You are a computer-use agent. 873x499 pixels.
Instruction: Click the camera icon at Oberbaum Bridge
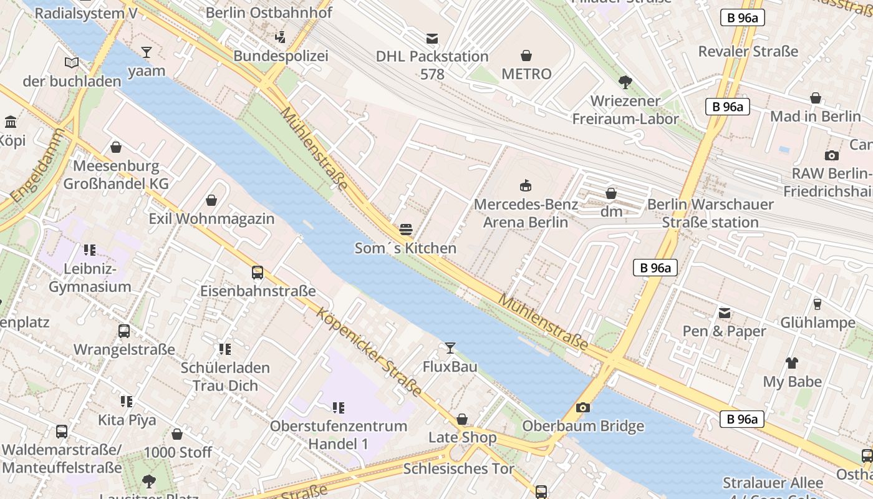[x=583, y=407]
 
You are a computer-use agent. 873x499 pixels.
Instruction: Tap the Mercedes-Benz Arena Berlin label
[x=526, y=213]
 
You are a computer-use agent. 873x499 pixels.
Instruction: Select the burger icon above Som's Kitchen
[x=406, y=230]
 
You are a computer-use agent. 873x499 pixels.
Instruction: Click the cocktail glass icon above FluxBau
[x=450, y=347]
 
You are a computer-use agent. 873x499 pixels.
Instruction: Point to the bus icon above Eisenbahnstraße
[x=257, y=272]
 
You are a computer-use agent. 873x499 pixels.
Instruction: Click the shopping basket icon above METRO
[x=526, y=56]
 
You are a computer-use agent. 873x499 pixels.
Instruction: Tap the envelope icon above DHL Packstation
[x=432, y=38]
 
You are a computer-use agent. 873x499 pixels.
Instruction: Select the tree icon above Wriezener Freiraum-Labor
[x=625, y=82]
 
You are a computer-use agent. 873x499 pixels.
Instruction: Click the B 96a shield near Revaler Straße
[x=742, y=17]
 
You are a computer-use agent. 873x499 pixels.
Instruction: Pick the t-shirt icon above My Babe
[x=792, y=362]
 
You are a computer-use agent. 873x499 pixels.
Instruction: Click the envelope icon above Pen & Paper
[x=724, y=312]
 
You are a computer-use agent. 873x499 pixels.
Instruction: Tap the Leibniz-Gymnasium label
[x=90, y=278]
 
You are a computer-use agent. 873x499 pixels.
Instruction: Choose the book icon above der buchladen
[x=72, y=62]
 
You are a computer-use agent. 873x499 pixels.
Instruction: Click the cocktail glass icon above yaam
[x=147, y=52]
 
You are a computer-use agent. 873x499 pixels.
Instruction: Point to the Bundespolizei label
[x=281, y=56]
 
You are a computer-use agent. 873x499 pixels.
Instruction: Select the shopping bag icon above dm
[x=611, y=193]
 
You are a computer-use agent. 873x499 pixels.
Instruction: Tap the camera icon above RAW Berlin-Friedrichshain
[x=831, y=155]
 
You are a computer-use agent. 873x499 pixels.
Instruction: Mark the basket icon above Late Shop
[x=462, y=419]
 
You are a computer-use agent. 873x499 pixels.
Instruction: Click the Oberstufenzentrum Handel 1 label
[x=338, y=435]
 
